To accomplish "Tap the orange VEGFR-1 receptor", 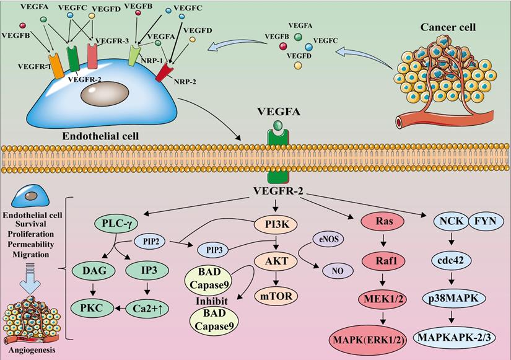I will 56,66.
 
